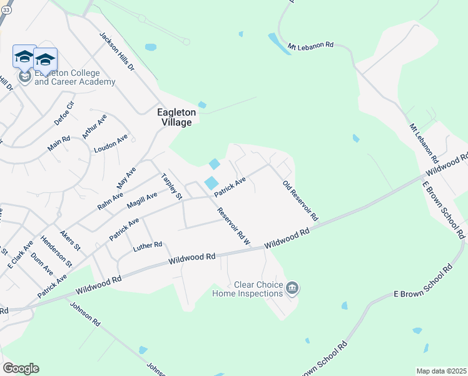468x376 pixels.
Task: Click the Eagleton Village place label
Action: [x=176, y=117]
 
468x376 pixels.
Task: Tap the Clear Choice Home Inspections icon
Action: [x=292, y=288]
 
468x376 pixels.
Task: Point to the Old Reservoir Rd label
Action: [x=301, y=201]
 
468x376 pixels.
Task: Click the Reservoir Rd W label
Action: [x=233, y=226]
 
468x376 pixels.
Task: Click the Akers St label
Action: [x=66, y=239]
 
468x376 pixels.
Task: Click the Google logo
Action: [x=21, y=368]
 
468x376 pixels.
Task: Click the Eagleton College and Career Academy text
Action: [x=74, y=78]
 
